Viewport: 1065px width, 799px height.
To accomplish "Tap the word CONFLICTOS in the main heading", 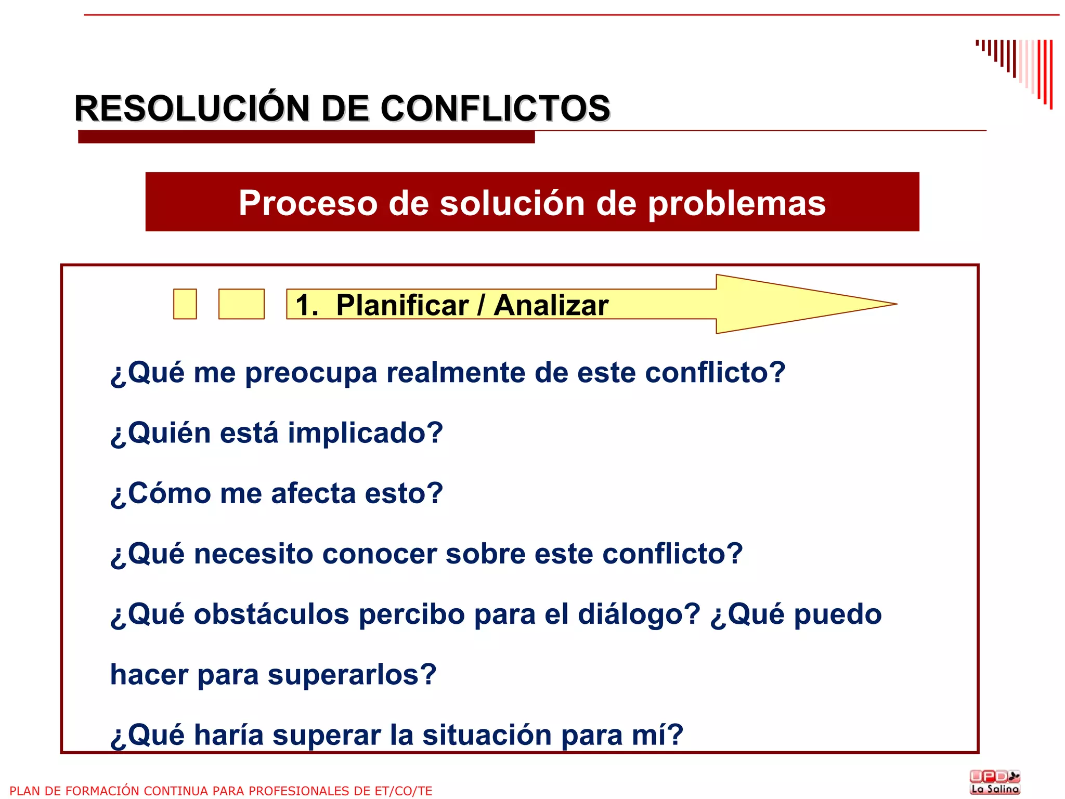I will coord(495,109).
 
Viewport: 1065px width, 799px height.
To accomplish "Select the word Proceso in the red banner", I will coord(308,203).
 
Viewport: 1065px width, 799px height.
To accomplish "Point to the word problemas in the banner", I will coord(736,203).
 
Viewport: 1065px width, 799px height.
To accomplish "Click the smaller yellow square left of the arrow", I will coord(185,304).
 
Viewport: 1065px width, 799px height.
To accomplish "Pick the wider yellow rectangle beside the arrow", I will coord(241,304).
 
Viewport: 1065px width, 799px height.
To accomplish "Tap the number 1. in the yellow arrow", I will coord(307,305).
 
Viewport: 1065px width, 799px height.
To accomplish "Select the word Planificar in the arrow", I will coord(402,305).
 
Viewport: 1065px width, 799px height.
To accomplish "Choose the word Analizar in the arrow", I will coord(551,305).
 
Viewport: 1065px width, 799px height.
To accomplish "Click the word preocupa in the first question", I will coord(311,373).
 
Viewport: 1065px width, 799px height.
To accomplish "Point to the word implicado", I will coord(365,433).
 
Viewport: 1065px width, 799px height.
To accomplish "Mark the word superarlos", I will coord(352,675).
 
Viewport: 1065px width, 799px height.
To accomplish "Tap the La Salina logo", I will coord(995,782).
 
